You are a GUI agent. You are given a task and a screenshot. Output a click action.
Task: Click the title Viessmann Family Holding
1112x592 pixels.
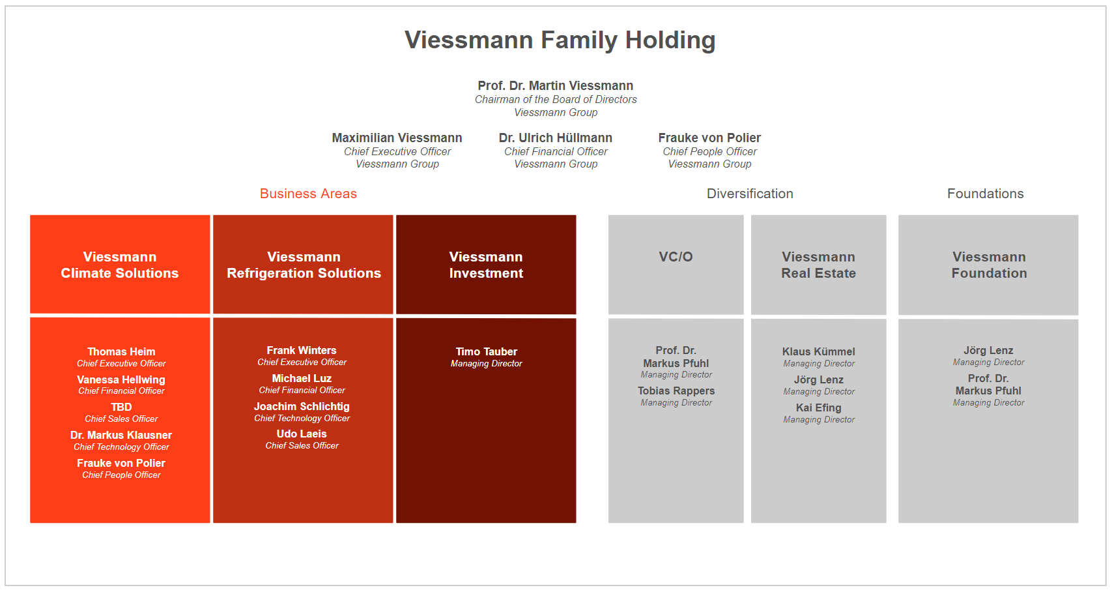560,40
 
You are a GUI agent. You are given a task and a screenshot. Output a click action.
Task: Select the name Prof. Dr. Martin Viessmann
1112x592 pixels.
555,85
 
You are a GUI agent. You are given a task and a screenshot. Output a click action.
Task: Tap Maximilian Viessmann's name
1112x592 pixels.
397,138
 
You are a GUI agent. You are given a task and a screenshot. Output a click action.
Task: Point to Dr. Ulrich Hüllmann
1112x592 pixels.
555,138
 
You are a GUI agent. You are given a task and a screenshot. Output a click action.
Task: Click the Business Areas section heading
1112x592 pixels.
308,194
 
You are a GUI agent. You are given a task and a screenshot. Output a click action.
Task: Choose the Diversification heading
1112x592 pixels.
750,194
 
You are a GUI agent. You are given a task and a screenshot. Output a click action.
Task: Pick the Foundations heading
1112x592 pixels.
985,194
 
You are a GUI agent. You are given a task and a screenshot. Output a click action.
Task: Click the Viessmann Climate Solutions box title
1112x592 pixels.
120,265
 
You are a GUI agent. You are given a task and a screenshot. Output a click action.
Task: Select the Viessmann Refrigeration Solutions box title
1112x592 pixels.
304,265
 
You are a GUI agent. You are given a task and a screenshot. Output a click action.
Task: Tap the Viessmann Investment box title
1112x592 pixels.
486,265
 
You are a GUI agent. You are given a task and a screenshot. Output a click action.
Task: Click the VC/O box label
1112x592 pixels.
676,257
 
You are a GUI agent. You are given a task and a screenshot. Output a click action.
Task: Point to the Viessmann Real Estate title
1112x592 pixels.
818,265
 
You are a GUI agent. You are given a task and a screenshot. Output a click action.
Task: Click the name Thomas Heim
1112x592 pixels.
121,351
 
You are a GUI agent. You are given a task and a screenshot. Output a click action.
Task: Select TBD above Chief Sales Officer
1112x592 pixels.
121,407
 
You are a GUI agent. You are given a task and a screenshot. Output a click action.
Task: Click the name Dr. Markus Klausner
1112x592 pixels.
121,435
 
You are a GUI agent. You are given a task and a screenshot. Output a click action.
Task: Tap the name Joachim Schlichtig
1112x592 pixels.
302,406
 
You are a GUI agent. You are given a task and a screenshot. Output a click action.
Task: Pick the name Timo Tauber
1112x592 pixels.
486,351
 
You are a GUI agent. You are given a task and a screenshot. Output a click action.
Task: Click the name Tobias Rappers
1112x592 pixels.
676,391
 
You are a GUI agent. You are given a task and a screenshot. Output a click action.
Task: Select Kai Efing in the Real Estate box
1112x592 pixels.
818,407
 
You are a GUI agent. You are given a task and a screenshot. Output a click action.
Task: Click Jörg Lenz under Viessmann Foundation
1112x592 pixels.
988,350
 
